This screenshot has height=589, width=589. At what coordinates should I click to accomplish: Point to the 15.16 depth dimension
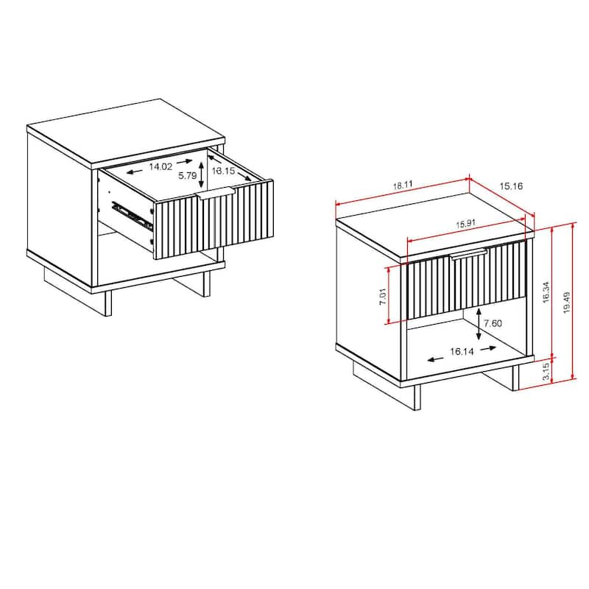511,186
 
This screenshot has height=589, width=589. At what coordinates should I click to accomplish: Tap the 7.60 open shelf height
494,324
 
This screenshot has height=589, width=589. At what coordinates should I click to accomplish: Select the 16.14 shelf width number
462,352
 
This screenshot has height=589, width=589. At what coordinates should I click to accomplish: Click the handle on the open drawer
215,194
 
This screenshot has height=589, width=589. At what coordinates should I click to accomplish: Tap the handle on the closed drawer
469,254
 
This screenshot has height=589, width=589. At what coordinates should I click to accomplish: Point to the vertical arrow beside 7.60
480,324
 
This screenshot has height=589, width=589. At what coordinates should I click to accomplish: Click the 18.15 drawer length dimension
223,171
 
